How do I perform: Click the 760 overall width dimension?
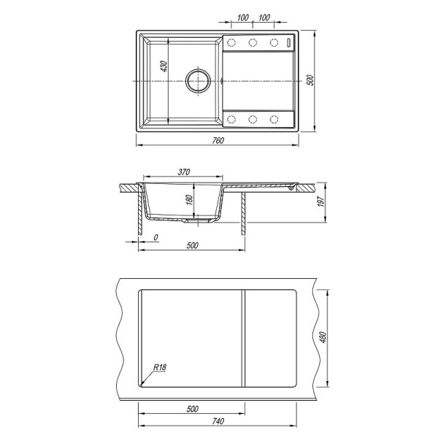[x=218, y=139]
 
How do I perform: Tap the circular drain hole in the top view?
[x=197, y=80]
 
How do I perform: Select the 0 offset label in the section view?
[x=157, y=238]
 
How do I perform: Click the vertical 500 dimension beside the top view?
[x=310, y=80]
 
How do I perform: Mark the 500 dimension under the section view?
[x=193, y=245]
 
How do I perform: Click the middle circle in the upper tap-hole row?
[x=253, y=43]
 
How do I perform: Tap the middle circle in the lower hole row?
[x=253, y=118]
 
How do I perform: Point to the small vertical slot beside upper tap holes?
[x=291, y=43]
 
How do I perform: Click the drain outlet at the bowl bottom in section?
[x=196, y=218]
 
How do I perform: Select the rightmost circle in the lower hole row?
[x=275, y=118]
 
